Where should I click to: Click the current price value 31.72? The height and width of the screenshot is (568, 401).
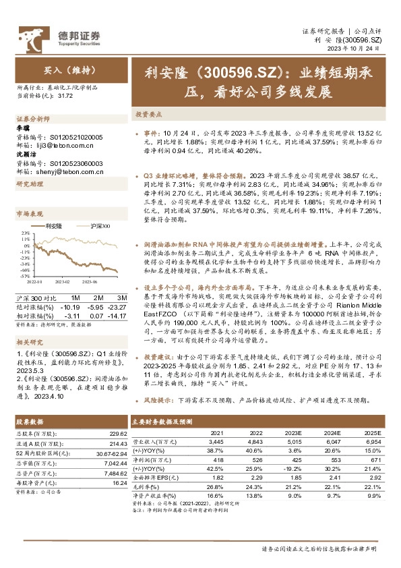pos(65,96)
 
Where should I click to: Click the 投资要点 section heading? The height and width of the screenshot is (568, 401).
pos(147,114)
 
